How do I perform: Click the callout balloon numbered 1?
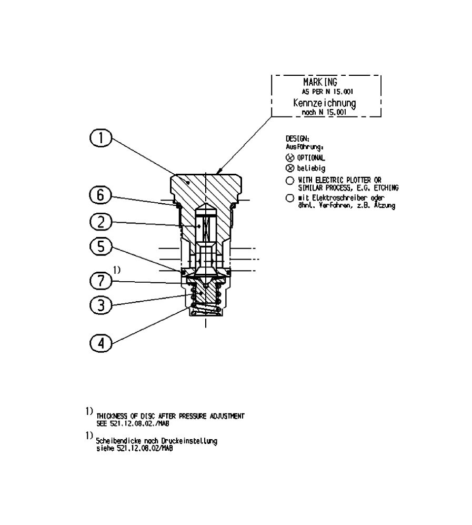[x=101, y=138]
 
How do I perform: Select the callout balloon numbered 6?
[x=101, y=195]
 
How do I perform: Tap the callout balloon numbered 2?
[x=101, y=222]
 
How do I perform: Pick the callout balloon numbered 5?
[x=101, y=246]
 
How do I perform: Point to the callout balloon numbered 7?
[x=101, y=281]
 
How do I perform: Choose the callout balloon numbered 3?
[x=101, y=305]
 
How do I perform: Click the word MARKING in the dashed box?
[x=320, y=83]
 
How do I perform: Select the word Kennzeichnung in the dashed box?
[x=324, y=103]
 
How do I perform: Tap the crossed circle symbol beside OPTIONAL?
[x=289, y=158]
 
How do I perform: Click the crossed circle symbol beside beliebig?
[x=289, y=169]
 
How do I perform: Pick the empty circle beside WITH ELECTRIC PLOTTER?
[x=289, y=181]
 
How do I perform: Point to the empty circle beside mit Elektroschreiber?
[x=289, y=198]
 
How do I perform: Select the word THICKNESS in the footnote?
[x=112, y=416]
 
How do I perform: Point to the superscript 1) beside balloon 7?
[x=117, y=270]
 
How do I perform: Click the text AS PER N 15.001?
[x=327, y=92]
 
